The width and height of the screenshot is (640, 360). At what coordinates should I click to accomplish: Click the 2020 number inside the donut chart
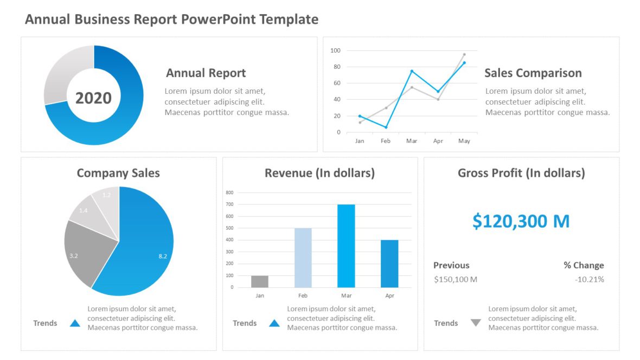[x=93, y=98]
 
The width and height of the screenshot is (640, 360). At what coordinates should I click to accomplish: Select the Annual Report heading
[x=206, y=73]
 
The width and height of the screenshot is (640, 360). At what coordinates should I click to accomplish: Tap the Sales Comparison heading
[x=533, y=73]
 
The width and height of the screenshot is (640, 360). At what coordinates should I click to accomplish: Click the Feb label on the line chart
[x=386, y=141]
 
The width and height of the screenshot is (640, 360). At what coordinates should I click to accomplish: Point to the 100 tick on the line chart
[x=335, y=50]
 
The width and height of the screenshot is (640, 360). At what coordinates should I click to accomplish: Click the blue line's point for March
[x=412, y=71]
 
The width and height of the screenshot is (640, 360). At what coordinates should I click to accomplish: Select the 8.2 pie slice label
[x=163, y=256]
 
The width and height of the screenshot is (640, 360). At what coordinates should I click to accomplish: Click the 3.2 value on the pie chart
[x=74, y=255]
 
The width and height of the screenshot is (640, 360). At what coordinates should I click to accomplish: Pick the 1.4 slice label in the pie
[x=83, y=210]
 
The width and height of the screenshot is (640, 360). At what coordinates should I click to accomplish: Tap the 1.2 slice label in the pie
[x=106, y=195]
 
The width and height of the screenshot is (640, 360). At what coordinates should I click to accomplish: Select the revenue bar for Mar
[x=346, y=246]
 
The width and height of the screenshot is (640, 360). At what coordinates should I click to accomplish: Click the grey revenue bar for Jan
[x=260, y=281]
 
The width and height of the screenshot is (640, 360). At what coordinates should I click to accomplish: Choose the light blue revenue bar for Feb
[x=303, y=258]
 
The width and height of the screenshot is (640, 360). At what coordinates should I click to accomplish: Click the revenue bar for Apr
[x=389, y=263]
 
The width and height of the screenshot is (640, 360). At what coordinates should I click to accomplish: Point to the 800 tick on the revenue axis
[x=229, y=192]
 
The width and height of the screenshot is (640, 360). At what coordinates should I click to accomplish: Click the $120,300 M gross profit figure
[x=521, y=221]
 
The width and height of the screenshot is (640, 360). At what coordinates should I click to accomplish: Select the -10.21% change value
[x=590, y=280]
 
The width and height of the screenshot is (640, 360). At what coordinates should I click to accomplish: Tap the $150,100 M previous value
[x=456, y=280]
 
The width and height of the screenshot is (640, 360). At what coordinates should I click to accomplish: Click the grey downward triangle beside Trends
[x=476, y=323]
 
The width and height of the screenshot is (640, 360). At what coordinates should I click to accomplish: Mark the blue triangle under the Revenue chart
[x=274, y=323]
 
